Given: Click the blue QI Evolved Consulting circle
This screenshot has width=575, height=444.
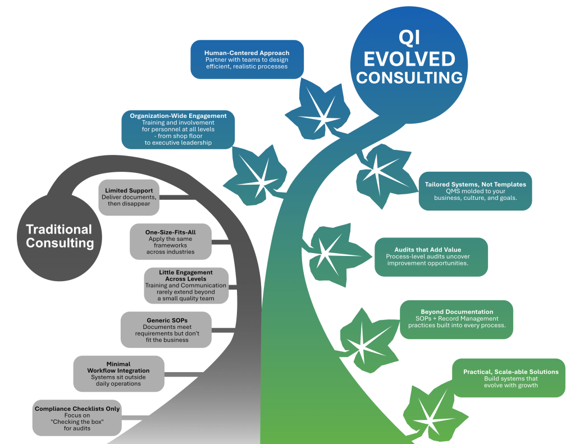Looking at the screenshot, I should (409, 59).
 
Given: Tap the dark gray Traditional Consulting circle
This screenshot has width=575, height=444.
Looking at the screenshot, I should (59, 236).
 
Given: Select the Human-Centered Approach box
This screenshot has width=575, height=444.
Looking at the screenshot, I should (247, 59).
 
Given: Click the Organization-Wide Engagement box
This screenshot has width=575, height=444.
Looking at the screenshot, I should (178, 129).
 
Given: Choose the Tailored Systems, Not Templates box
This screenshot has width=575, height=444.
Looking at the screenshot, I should (475, 191).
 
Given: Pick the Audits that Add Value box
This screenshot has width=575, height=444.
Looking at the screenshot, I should (431, 257).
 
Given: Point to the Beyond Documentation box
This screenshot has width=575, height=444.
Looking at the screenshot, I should (456, 319).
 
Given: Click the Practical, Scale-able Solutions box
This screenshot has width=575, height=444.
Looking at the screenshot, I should (508, 378).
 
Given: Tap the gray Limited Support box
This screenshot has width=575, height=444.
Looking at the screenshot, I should (128, 197).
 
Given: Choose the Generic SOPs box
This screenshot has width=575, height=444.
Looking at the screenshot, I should (166, 329).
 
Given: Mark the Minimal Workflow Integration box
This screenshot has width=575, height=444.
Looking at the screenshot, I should (118, 374).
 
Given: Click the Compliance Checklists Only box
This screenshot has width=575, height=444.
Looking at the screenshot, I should (77, 418).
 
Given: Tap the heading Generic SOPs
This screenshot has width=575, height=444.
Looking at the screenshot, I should (166, 321).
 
